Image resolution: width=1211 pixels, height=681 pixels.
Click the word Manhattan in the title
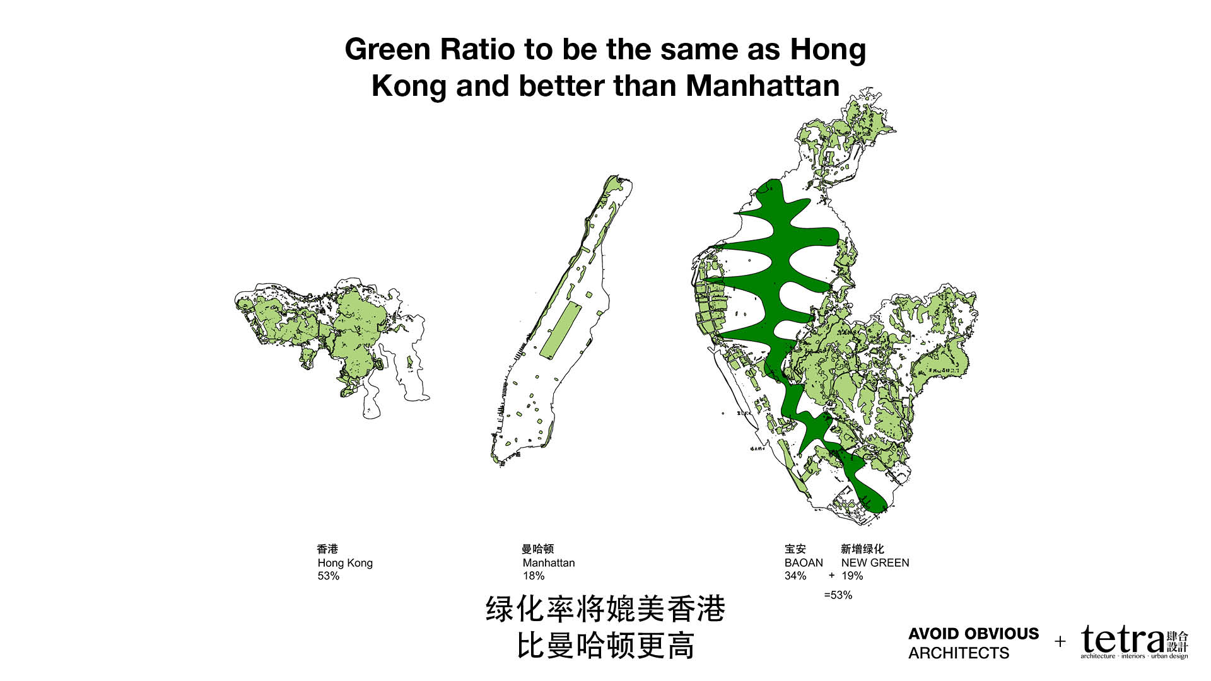tap(763, 86)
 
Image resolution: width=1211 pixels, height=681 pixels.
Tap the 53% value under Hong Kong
tap(329, 576)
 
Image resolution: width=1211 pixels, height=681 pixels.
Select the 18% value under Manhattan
tap(534, 576)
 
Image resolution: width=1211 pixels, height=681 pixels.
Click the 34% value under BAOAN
tap(795, 576)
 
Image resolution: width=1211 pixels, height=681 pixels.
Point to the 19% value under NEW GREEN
tap(852, 576)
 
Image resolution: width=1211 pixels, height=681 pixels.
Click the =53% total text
tap(838, 595)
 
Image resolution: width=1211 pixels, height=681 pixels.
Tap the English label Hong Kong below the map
tap(345, 562)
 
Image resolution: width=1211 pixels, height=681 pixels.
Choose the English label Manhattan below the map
tap(549, 562)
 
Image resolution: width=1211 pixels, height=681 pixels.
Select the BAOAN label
tap(804, 562)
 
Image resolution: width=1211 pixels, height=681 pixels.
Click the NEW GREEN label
tap(875, 562)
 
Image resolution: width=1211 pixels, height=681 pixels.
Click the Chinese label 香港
tap(327, 549)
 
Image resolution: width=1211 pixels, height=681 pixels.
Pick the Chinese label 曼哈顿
tap(537, 549)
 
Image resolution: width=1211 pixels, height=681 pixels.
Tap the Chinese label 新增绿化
tap(862, 549)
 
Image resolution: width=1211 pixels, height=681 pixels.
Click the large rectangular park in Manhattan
tap(561, 329)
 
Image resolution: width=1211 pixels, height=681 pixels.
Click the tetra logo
tap(1123, 641)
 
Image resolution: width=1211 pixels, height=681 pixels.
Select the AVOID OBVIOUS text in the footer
tap(973, 634)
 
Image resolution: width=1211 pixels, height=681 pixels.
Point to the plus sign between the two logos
tap(1060, 642)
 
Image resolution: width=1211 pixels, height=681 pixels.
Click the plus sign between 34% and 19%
tap(831, 575)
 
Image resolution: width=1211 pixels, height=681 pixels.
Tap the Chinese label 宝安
tap(795, 549)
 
